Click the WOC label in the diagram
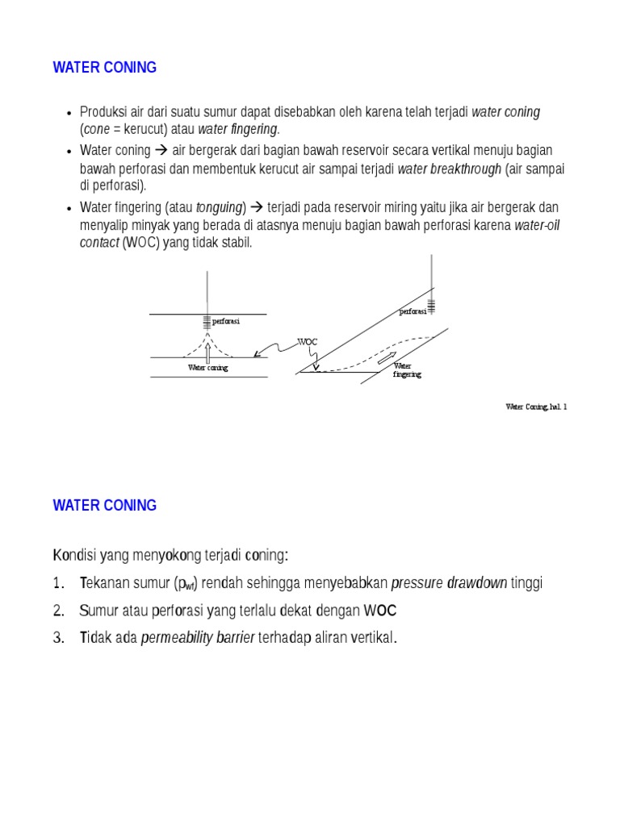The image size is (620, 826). coord(308,342)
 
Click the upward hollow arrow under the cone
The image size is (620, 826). coord(208,352)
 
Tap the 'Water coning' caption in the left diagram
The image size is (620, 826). coord(208,368)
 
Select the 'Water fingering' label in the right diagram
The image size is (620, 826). coord(407,370)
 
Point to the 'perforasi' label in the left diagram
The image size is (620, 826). coord(226,321)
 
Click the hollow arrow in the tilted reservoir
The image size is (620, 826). coord(387,357)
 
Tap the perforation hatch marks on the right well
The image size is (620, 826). coord(431,305)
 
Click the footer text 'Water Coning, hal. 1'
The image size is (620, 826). coord(536,407)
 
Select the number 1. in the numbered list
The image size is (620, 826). coord(58,583)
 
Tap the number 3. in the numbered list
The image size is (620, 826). coord(58,638)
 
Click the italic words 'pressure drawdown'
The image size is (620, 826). coord(449,583)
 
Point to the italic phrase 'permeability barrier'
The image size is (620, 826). coord(198,638)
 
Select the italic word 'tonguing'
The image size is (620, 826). coord(219,207)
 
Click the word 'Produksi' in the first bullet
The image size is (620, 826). coord(104,112)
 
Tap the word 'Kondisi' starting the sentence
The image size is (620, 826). coord(74,556)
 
